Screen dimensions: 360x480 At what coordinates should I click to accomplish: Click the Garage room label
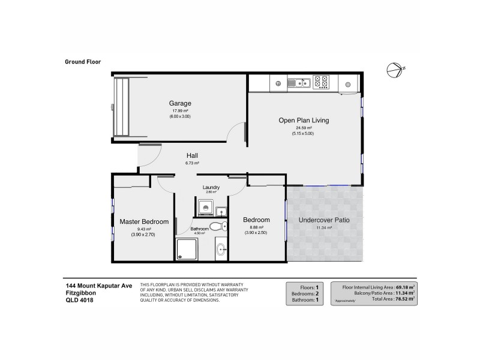pos(180,103)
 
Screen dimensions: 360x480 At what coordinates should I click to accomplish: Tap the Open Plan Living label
pos(304,121)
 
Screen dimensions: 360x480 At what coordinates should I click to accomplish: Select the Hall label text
pos(192,155)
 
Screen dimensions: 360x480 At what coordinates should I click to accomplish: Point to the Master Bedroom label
pos(144,221)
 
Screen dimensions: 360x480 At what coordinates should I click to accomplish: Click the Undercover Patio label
pos(324,220)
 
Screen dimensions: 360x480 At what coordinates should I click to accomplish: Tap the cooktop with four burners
pos(321,80)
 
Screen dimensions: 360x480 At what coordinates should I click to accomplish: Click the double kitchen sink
pos(298,82)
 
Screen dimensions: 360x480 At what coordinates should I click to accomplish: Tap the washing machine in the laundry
pos(205,207)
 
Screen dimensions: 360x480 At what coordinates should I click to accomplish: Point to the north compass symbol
pos(394,69)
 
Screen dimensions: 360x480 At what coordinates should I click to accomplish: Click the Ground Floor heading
pos(82,61)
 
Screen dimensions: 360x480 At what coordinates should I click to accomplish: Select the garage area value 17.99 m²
pos(180,111)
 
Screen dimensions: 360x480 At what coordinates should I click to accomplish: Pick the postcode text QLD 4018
pos(79,300)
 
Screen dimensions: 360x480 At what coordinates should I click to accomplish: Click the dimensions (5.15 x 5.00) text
pos(304,133)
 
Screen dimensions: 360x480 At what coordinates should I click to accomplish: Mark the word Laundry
pos(211,187)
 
